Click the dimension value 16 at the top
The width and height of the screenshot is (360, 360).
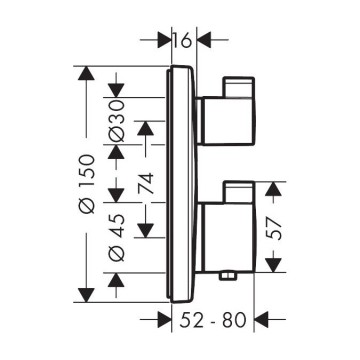tap(183, 40)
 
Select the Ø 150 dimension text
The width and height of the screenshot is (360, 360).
tap(87, 183)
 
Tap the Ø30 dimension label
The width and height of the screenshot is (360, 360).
tap(117, 121)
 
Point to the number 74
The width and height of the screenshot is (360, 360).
tap(146, 183)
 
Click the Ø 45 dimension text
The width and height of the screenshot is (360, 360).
tap(117, 237)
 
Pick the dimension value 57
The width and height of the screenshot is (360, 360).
tap(274, 229)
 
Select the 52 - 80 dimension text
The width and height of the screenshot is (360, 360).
tap(213, 320)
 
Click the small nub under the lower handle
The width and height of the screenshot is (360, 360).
tap(227, 275)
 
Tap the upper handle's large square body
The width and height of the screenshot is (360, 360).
tap(228, 121)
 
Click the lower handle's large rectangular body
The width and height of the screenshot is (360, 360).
tap(229, 237)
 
